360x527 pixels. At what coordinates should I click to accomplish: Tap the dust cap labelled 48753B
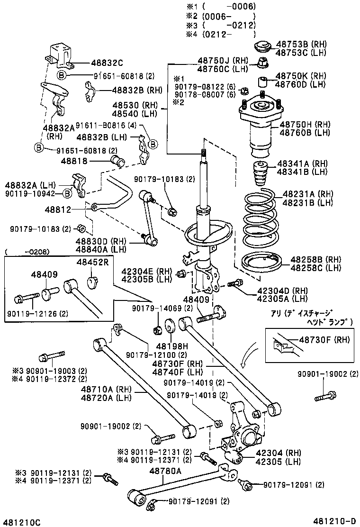point(261,47)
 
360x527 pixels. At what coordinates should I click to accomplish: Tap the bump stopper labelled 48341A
point(261,175)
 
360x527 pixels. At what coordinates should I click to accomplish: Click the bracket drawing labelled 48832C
point(60,56)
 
